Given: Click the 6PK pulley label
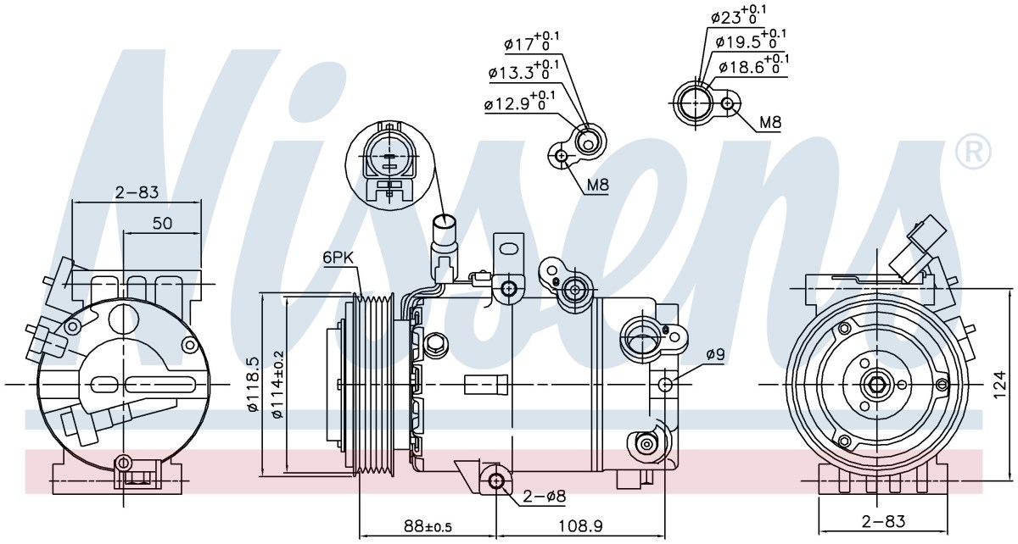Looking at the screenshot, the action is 338,258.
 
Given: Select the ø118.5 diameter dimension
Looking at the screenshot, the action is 253,384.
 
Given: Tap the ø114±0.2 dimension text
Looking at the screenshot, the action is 277,385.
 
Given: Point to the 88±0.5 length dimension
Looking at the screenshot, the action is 428,526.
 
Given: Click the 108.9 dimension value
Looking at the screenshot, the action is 580,526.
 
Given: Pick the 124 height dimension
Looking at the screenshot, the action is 999,385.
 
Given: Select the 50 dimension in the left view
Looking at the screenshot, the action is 162,223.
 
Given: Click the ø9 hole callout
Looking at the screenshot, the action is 716,354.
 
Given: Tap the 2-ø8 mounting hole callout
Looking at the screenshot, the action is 544,497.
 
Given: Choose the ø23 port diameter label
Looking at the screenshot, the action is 737,14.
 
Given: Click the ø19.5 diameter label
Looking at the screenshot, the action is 750,39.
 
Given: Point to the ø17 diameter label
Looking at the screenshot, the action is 531,42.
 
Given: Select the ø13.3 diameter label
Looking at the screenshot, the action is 523,70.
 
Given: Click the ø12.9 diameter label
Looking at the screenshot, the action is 519,102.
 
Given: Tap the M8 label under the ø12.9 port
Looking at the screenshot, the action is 597,185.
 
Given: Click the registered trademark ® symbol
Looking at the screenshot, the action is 973,153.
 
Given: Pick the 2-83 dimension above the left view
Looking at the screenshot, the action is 137,192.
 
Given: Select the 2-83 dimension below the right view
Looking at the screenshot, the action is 883,521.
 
